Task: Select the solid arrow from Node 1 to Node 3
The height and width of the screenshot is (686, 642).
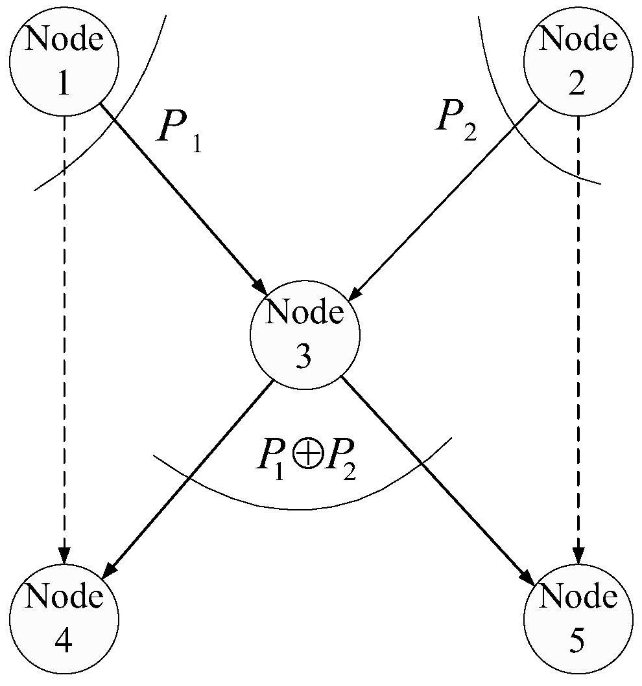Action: point(184,199)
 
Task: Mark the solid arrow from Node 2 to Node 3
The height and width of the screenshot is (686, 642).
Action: point(446,201)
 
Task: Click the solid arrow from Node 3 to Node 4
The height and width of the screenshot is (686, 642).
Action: point(188,479)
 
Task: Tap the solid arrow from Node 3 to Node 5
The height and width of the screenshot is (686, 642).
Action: point(438,481)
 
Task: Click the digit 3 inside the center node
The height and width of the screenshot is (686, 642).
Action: point(303,356)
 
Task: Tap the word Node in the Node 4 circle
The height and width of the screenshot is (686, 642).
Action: point(64,597)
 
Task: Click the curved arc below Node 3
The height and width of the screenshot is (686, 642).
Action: point(302,509)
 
